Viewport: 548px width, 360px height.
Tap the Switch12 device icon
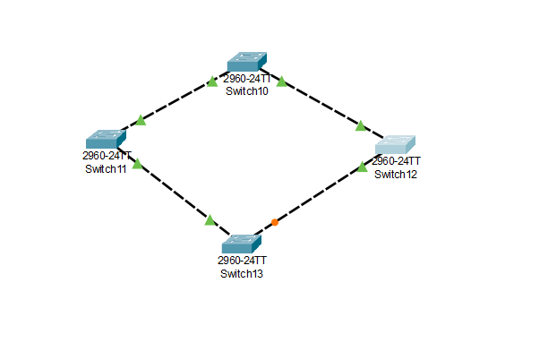coord(395,145)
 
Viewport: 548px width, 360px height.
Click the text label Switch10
coord(247,90)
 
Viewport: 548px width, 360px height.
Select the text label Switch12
coord(396,174)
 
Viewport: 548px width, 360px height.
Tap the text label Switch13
coord(242,273)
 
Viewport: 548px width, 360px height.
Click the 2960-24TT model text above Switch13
coord(242,261)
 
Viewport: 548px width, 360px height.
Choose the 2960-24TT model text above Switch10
coord(248,79)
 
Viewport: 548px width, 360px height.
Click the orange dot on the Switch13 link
coord(275,222)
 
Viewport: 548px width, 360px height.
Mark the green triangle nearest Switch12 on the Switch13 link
coord(363,167)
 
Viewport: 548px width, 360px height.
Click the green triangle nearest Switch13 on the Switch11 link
coord(210,219)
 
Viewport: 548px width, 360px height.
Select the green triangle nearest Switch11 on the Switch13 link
coord(136,164)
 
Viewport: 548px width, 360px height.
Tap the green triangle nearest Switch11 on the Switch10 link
coord(141,120)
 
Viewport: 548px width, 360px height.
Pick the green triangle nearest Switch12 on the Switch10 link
coord(361,125)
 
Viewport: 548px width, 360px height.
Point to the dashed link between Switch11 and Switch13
coord(173,192)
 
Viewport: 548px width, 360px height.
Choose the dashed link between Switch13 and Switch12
coord(318,195)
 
